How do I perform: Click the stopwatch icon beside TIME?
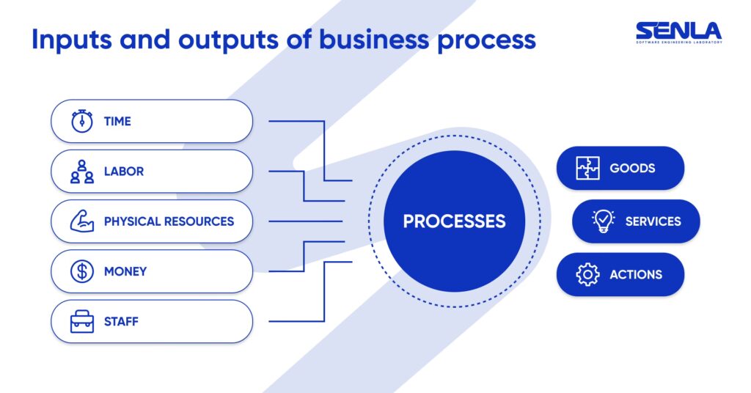pyautogui.click(x=82, y=121)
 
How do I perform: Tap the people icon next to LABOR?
pyautogui.click(x=82, y=171)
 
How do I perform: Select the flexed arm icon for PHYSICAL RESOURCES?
pyautogui.click(x=82, y=221)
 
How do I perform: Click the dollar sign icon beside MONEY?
pyautogui.click(x=82, y=271)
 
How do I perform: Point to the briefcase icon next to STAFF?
pyautogui.click(x=82, y=321)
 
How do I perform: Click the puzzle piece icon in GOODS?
pyautogui.click(x=588, y=169)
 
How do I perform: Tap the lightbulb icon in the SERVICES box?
pyautogui.click(x=604, y=221)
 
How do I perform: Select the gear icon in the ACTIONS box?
pyautogui.click(x=588, y=274)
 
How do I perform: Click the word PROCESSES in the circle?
pyautogui.click(x=454, y=221)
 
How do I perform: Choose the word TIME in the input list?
pyautogui.click(x=117, y=122)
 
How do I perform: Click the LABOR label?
pyautogui.click(x=124, y=172)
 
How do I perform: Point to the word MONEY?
pyautogui.click(x=125, y=271)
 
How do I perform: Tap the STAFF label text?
pyautogui.click(x=121, y=321)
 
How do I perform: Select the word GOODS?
pyautogui.click(x=632, y=169)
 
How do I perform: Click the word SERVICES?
pyautogui.click(x=653, y=221)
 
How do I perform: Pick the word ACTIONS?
pyautogui.click(x=636, y=275)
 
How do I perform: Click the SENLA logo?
pyautogui.click(x=678, y=32)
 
